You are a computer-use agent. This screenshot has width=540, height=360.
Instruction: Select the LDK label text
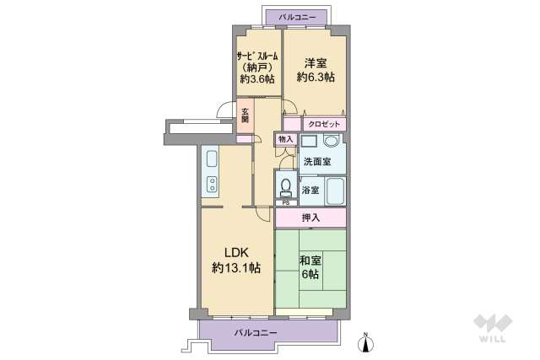click(x=236, y=251)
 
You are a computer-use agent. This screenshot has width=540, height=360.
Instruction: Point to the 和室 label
click(x=310, y=260)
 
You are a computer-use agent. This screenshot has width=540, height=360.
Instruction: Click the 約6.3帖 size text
click(x=315, y=78)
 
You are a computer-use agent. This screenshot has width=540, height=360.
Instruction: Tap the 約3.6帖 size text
click(x=257, y=79)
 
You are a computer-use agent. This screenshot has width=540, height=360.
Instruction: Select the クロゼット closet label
click(x=325, y=124)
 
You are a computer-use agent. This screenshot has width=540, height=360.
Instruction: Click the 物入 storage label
click(x=285, y=139)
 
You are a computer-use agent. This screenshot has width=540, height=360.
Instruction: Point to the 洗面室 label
click(x=317, y=162)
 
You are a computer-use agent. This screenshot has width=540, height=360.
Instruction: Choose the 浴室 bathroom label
click(x=309, y=190)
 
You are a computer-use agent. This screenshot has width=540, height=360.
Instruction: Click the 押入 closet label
click(x=310, y=218)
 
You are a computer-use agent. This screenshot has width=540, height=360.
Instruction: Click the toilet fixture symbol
click(x=285, y=185)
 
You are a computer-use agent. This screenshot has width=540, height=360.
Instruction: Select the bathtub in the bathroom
click(x=334, y=191)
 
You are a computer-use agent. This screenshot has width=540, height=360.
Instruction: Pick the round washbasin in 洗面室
click(x=331, y=142)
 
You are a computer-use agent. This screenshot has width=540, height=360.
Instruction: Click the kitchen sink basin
click(x=210, y=160)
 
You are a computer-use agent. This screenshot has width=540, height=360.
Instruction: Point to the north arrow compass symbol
click(x=365, y=340)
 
